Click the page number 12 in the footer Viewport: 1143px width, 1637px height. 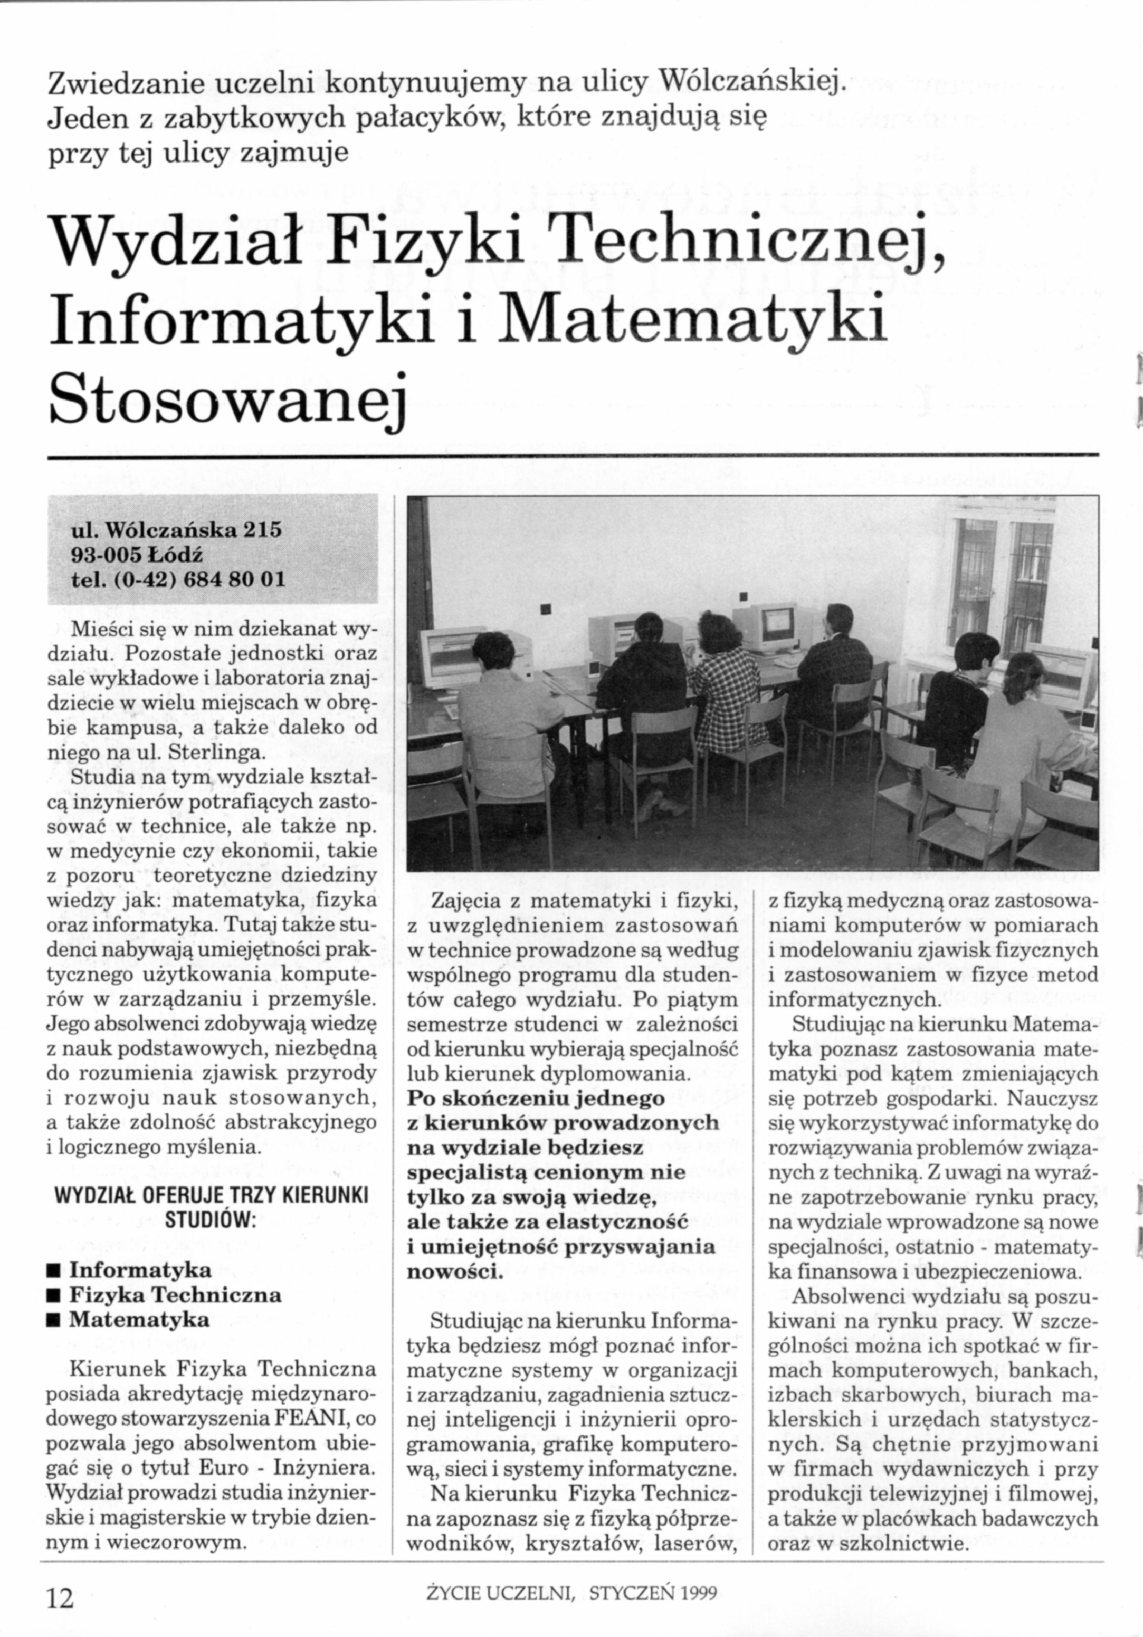point(60,1596)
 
